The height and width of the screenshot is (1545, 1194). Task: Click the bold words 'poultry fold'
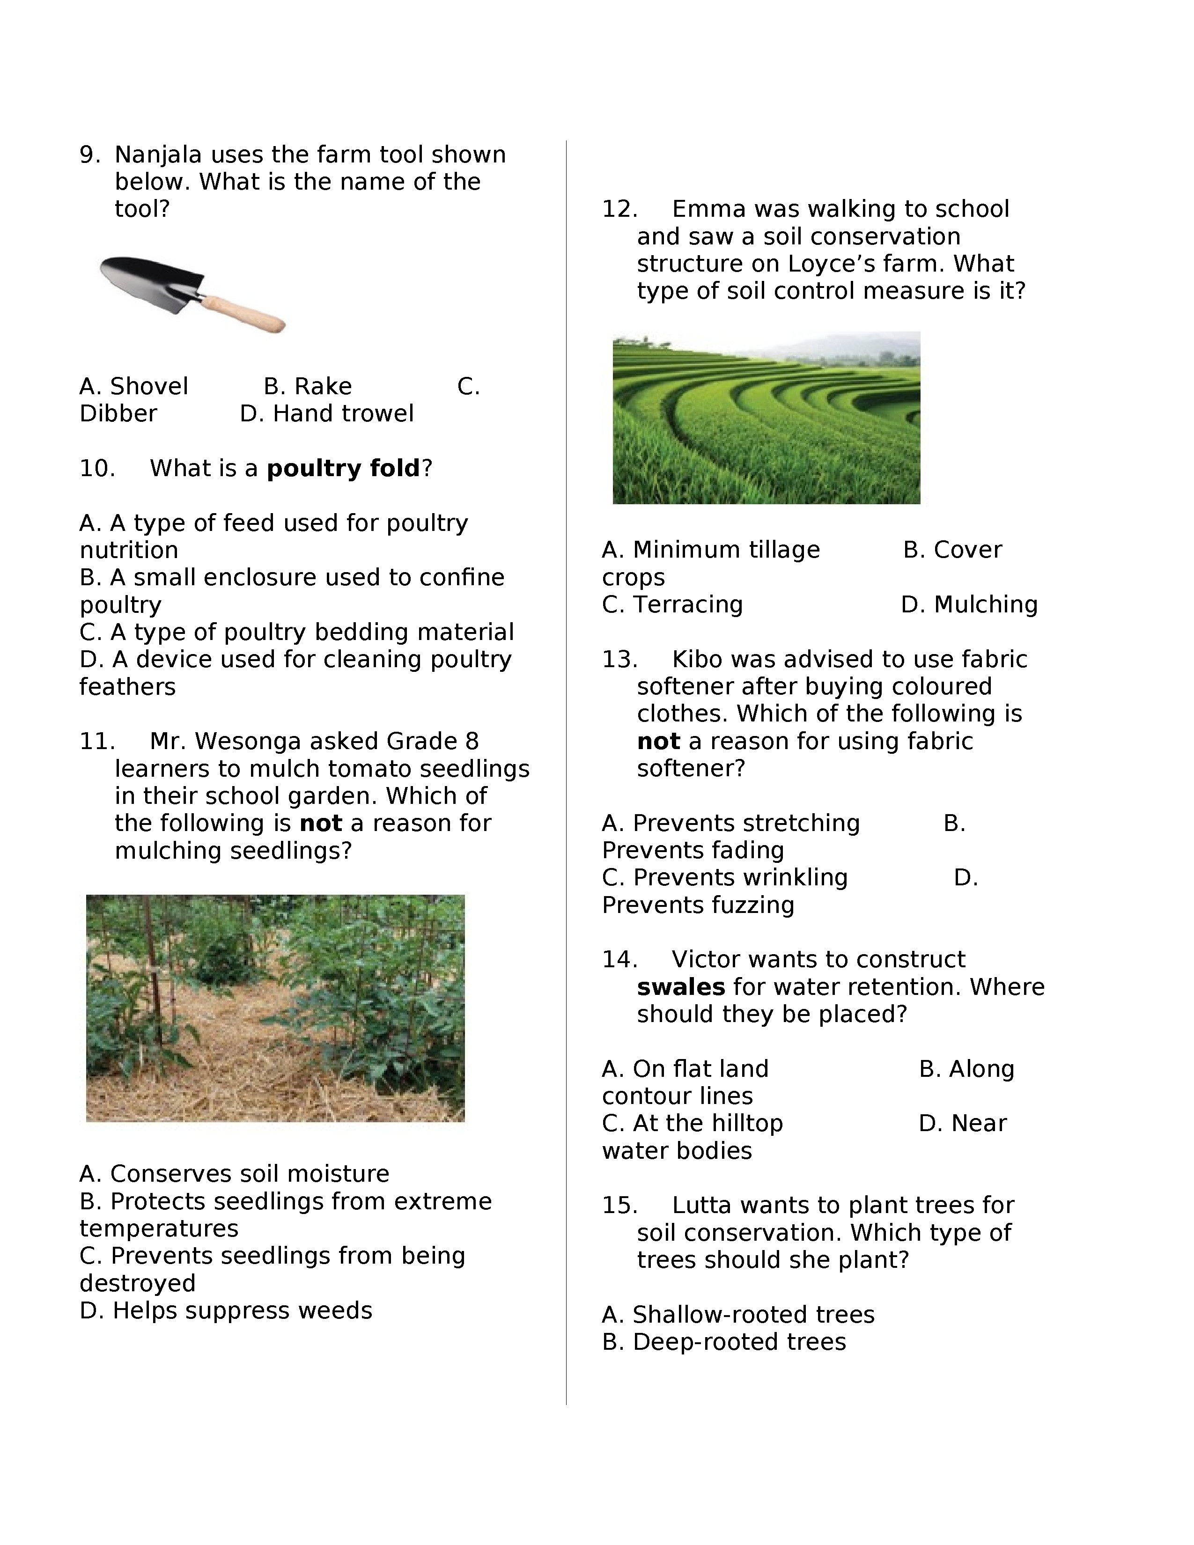[343, 468]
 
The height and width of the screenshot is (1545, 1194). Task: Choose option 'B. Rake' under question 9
[307, 386]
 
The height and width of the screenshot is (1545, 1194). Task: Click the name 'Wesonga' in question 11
[248, 742]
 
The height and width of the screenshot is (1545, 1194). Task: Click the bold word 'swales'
[680, 987]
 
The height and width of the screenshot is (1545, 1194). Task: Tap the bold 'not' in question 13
[658, 742]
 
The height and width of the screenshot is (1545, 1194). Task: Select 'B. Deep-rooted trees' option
[723, 1342]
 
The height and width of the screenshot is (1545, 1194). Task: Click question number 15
[619, 1206]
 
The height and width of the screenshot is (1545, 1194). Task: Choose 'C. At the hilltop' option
[693, 1123]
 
